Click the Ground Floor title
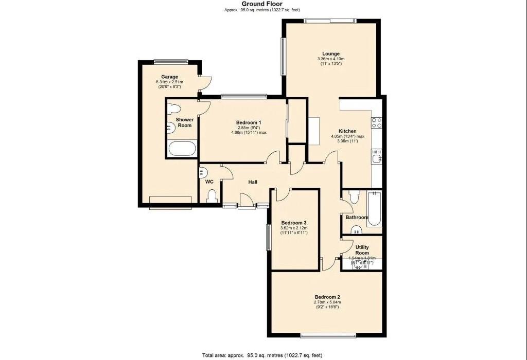pyautogui.click(x=263, y=4)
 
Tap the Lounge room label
pyautogui.click(x=330, y=54)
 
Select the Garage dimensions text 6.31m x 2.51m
pyautogui.click(x=170, y=82)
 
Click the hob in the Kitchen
pyautogui.click(x=376, y=122)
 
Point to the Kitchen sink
pyautogui.click(x=376, y=156)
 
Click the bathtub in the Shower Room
pyautogui.click(x=182, y=149)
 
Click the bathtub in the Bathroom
pyautogui.click(x=374, y=208)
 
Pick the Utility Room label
pyautogui.click(x=362, y=250)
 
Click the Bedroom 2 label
pyautogui.click(x=327, y=297)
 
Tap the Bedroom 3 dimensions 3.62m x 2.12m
pyautogui.click(x=294, y=228)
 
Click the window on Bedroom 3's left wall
pyautogui.click(x=268, y=237)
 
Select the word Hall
pyautogui.click(x=253, y=182)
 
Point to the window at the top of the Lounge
pyautogui.click(x=329, y=21)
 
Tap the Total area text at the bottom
pyautogui.click(x=263, y=355)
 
